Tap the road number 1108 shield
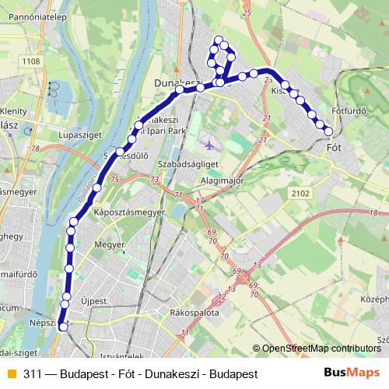(31, 61)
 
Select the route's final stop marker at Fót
(328, 131)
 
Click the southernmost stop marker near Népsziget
(63, 327)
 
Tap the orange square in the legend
(11, 373)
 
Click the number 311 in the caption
(32, 373)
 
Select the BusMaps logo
(351, 373)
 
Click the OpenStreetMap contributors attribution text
(321, 349)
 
